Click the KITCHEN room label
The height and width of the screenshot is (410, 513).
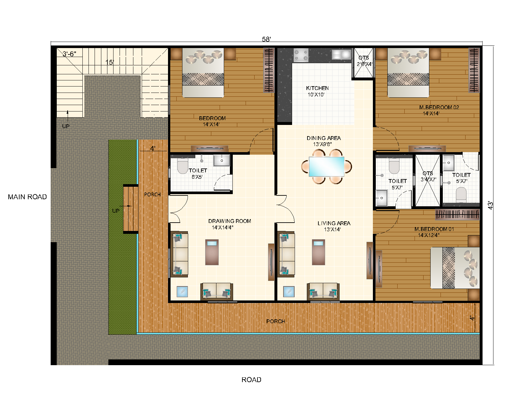317,88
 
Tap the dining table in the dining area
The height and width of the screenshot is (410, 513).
326,167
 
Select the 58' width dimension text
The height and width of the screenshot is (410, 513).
266,39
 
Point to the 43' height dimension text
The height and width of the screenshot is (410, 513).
491,205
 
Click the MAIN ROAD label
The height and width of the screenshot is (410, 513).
27,197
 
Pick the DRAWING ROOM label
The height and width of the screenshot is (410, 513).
230,221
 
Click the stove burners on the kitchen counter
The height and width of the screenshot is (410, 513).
301,55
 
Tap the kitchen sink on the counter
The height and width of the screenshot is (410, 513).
341,54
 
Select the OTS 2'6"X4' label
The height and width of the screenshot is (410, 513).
364,61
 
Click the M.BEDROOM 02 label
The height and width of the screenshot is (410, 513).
439,107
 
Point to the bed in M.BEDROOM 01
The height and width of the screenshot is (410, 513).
455,268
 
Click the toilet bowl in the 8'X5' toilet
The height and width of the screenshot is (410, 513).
182,167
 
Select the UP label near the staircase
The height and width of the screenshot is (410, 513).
66,126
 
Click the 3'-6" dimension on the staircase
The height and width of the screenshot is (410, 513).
69,54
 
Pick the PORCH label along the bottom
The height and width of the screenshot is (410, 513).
275,321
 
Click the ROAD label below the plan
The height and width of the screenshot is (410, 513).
251,380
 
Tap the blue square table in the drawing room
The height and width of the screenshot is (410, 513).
182,291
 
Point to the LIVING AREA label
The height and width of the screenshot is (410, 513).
334,223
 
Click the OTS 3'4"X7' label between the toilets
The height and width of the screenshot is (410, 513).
428,176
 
